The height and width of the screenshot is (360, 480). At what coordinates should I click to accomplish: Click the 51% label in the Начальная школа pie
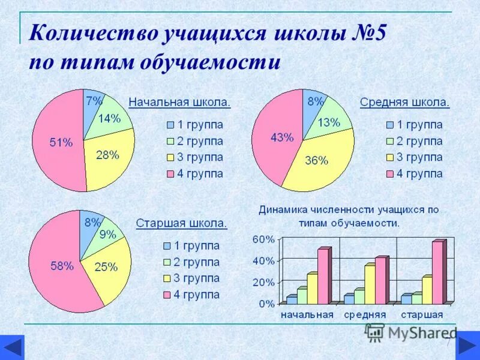[x=61, y=142]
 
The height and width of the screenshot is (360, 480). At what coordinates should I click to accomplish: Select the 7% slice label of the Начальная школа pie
[x=94, y=100]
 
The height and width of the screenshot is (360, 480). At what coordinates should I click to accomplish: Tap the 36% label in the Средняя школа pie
[x=316, y=160]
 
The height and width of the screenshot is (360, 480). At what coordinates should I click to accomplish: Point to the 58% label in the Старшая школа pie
[x=62, y=266]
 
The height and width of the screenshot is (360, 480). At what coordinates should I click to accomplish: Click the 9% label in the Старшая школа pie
[x=107, y=235]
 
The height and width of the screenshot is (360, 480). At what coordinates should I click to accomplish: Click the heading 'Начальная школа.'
[x=180, y=102]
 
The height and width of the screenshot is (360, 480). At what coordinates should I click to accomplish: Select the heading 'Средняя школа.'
[x=405, y=102]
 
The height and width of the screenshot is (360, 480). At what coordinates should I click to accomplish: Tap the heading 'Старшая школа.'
[x=182, y=223]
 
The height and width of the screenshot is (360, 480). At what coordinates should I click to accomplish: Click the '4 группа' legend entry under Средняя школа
[x=414, y=174]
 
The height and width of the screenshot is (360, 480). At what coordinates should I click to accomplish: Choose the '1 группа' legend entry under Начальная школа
[x=194, y=125]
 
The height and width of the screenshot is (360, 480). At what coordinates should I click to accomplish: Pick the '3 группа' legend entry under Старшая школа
[x=191, y=278]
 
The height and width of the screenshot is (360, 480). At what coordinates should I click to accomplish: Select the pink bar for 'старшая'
[x=437, y=272]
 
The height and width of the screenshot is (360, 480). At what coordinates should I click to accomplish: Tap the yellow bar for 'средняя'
[x=370, y=284]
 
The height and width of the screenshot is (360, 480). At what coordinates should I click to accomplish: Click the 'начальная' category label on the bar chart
[x=307, y=314]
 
